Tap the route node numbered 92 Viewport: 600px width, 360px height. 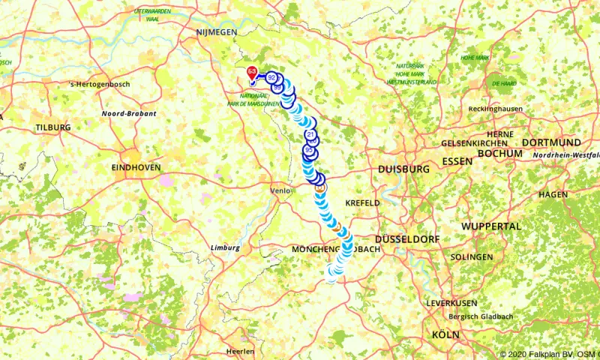(x=271, y=77)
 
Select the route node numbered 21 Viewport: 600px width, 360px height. (x=310, y=135)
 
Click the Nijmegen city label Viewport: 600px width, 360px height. (x=216, y=32)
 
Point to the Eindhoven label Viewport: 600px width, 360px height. (x=136, y=168)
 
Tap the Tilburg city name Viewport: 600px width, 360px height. (x=52, y=127)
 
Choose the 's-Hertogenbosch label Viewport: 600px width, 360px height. (x=99, y=84)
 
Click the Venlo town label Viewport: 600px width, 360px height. (x=280, y=190)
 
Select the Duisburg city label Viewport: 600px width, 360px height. (x=404, y=169)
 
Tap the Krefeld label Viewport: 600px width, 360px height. (x=363, y=203)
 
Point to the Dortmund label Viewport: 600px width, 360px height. (x=551, y=142)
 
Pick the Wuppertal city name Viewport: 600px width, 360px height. (x=491, y=226)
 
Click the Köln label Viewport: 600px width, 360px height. (x=445, y=334)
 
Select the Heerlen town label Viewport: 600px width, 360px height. (x=240, y=351)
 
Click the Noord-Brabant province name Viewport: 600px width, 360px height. (x=129, y=113)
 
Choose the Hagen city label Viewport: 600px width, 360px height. (x=553, y=194)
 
